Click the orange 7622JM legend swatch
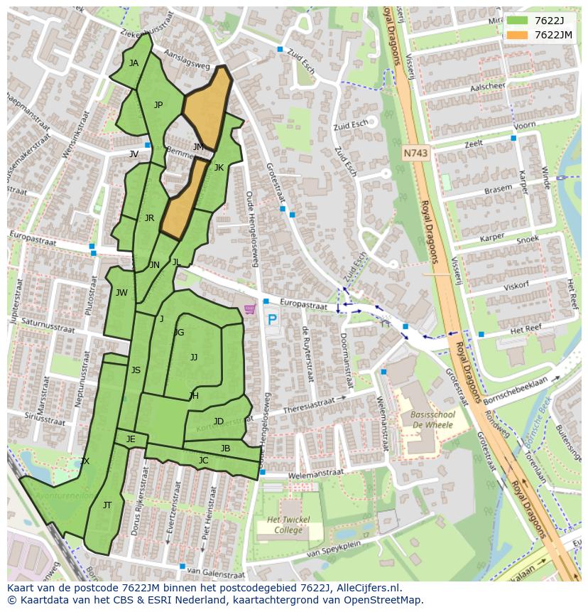(518, 35)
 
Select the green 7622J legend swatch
(518, 21)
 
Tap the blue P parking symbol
(271, 320)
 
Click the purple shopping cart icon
(249, 309)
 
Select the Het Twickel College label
(288, 525)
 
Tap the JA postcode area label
(134, 63)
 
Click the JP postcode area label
(158, 105)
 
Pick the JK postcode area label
(219, 168)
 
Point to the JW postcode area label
(121, 293)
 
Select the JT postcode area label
(107, 505)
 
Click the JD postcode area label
(219, 422)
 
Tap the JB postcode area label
(225, 449)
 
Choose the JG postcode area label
(179, 333)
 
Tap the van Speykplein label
(334, 549)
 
